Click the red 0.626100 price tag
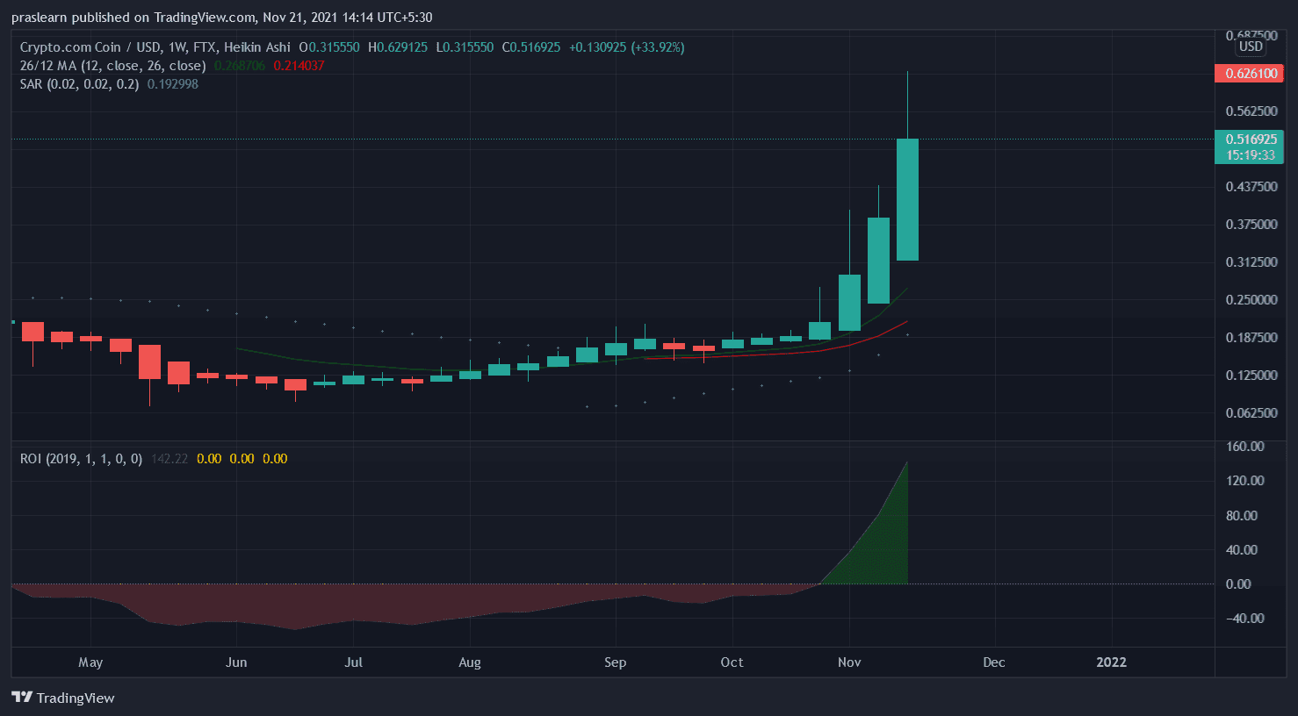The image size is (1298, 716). (1249, 74)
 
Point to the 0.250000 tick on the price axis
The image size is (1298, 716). (1251, 300)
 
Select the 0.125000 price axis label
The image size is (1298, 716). (1251, 376)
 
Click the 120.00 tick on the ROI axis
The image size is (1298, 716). (1244, 481)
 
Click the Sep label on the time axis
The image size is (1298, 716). (615, 662)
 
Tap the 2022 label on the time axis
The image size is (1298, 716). (1111, 662)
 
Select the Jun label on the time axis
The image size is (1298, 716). (235, 662)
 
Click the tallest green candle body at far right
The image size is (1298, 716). (907, 199)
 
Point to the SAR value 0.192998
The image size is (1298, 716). (172, 84)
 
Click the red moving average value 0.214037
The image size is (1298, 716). (299, 66)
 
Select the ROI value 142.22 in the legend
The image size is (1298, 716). (169, 459)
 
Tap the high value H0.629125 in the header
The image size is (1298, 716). (398, 47)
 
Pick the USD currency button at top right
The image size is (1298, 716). (1250, 47)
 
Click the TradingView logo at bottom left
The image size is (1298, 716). (63, 698)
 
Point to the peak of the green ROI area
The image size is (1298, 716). (906, 462)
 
